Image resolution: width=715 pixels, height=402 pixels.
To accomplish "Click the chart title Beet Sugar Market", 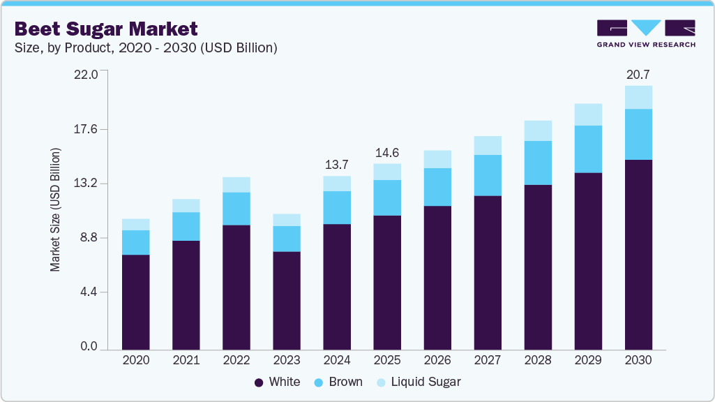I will [x=106, y=29].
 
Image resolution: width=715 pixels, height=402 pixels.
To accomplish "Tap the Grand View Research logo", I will [x=645, y=33].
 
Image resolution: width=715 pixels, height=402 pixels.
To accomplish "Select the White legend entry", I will [x=278, y=382].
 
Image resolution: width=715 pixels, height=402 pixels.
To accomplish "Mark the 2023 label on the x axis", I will [x=287, y=361].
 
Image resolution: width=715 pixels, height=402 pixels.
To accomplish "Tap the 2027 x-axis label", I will [x=488, y=361].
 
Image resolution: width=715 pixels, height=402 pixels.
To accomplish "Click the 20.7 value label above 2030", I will [x=638, y=73].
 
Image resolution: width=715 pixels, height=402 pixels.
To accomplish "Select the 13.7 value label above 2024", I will [x=337, y=165].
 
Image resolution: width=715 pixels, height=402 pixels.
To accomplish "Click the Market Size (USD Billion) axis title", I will [x=55, y=209].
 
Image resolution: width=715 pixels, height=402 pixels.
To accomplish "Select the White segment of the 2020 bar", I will [x=136, y=301].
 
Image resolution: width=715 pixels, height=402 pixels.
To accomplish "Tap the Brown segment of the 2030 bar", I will [x=638, y=134].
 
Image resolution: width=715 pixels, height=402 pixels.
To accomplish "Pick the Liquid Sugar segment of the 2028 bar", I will [x=538, y=131].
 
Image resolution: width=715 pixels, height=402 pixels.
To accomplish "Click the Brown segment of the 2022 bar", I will [x=236, y=209].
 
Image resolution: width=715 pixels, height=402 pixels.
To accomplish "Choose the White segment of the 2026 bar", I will [x=437, y=277].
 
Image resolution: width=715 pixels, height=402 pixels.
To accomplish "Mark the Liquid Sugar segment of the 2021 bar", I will [x=186, y=205].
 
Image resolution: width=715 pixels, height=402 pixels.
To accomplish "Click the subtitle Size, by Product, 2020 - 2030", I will [x=146, y=48].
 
